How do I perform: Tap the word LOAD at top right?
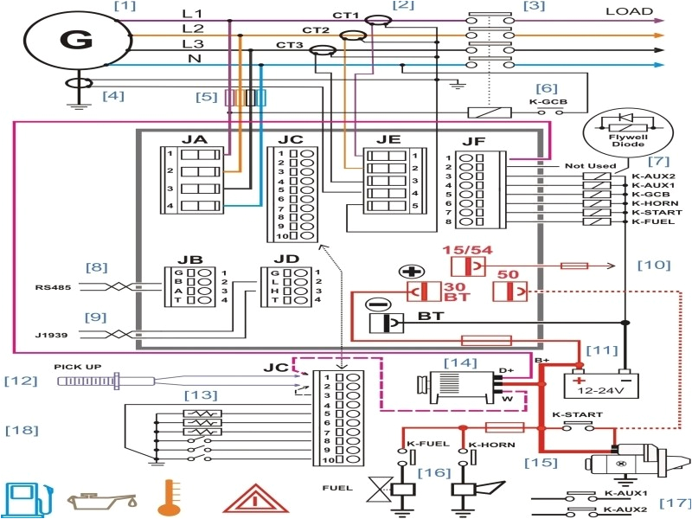tap(629, 11)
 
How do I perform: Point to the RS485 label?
tap(49, 287)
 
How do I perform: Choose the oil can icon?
tap(102, 500)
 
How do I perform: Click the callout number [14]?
tap(460, 362)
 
